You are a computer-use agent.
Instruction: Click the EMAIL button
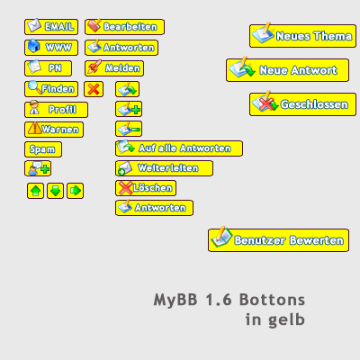point(51,27)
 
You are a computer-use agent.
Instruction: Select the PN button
point(49,68)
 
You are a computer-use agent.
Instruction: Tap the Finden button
point(51,89)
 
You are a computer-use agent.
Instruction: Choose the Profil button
point(57,110)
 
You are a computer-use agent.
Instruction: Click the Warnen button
point(54,130)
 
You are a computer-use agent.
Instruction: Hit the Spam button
point(43,149)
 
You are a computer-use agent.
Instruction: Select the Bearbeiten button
point(125,27)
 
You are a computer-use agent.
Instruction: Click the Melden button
point(114,68)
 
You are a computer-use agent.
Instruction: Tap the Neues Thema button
point(303,36)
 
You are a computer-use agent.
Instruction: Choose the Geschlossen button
point(303,104)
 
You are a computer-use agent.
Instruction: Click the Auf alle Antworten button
point(179,148)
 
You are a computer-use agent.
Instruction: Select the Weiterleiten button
point(165,168)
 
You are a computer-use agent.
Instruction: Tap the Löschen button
point(146,188)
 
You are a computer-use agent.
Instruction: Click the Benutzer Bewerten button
point(279,240)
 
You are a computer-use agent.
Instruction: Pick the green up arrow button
point(36,191)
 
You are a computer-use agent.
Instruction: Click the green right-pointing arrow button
point(76,191)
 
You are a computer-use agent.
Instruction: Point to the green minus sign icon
point(136,130)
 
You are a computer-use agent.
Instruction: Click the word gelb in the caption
point(286,320)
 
